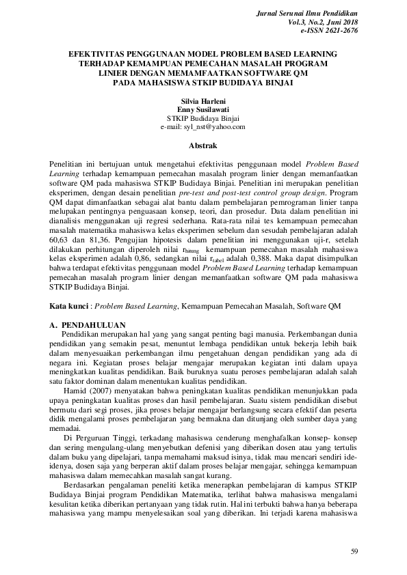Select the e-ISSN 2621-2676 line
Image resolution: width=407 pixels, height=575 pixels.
[329, 31]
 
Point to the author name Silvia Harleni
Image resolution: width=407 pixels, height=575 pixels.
[202, 100]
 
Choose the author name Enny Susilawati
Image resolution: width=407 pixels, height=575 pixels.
[202, 109]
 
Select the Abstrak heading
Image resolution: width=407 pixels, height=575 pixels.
[202, 145]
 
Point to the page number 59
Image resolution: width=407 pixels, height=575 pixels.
[354, 551]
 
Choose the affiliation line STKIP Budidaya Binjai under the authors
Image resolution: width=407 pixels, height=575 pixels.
[202, 117]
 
